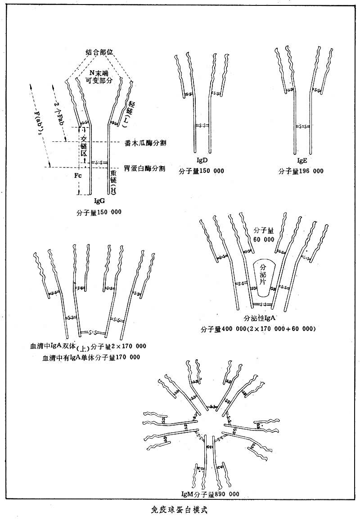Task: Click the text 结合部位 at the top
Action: click(x=100, y=53)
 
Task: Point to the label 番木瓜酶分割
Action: click(x=145, y=143)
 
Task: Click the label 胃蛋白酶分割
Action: click(x=145, y=169)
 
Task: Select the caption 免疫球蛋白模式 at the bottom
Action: click(x=179, y=511)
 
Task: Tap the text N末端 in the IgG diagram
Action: click(x=99, y=72)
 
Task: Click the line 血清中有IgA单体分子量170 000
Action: click(x=91, y=357)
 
